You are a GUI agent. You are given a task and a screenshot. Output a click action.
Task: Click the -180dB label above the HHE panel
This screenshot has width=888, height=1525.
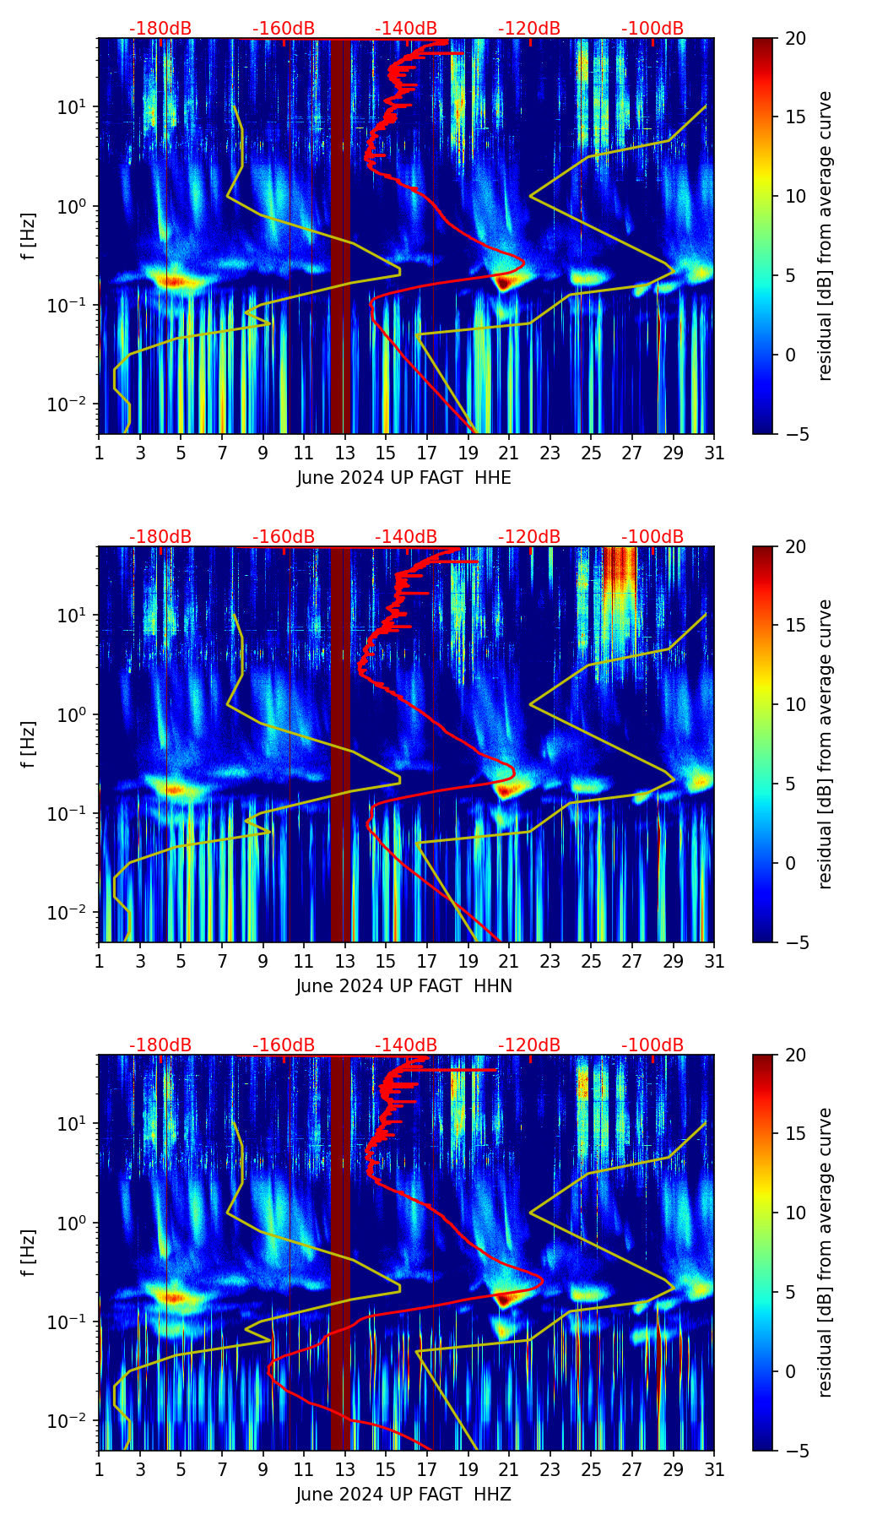(x=160, y=29)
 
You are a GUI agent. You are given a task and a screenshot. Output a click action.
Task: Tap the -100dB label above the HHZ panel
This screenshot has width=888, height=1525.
(x=652, y=1045)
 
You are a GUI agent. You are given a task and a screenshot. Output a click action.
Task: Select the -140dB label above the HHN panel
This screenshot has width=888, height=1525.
(x=406, y=537)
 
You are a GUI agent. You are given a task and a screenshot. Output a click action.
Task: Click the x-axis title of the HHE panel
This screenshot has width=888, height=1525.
(x=403, y=478)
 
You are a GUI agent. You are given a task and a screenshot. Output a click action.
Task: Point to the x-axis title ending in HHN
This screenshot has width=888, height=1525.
(x=403, y=986)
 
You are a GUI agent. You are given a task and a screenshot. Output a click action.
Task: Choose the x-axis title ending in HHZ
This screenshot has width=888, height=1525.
(x=403, y=1495)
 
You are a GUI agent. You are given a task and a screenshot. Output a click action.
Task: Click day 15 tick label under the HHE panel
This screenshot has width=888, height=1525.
(x=386, y=453)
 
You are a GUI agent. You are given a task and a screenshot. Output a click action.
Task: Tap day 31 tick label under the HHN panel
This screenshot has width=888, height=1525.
(x=714, y=961)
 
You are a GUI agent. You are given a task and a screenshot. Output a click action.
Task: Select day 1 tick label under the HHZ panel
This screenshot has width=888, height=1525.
(x=100, y=1469)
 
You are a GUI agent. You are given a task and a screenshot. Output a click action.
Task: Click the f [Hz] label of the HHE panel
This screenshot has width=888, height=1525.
(x=29, y=236)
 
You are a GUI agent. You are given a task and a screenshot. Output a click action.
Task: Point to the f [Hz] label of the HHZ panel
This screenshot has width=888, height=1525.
(x=29, y=1252)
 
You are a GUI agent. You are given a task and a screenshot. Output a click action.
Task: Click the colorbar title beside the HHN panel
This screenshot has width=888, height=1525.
(x=826, y=744)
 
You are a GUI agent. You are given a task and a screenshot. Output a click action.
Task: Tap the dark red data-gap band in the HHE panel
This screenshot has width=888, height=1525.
(x=339, y=236)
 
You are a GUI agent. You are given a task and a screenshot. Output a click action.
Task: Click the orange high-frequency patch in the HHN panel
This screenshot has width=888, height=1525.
(x=620, y=574)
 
